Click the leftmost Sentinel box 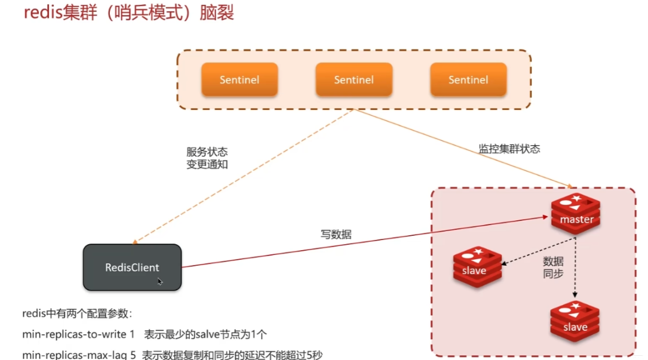pos(239,79)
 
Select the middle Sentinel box pos(354,79)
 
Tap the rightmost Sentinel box pos(468,79)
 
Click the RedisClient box pos(132,267)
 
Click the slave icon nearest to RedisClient pos(476,266)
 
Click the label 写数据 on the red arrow pos(336,235)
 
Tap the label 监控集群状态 pos(509,149)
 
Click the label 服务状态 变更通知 pos(207,158)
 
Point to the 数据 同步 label pos(553,267)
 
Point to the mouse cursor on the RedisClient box pos(160,281)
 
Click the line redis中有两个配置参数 pos(77,314)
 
